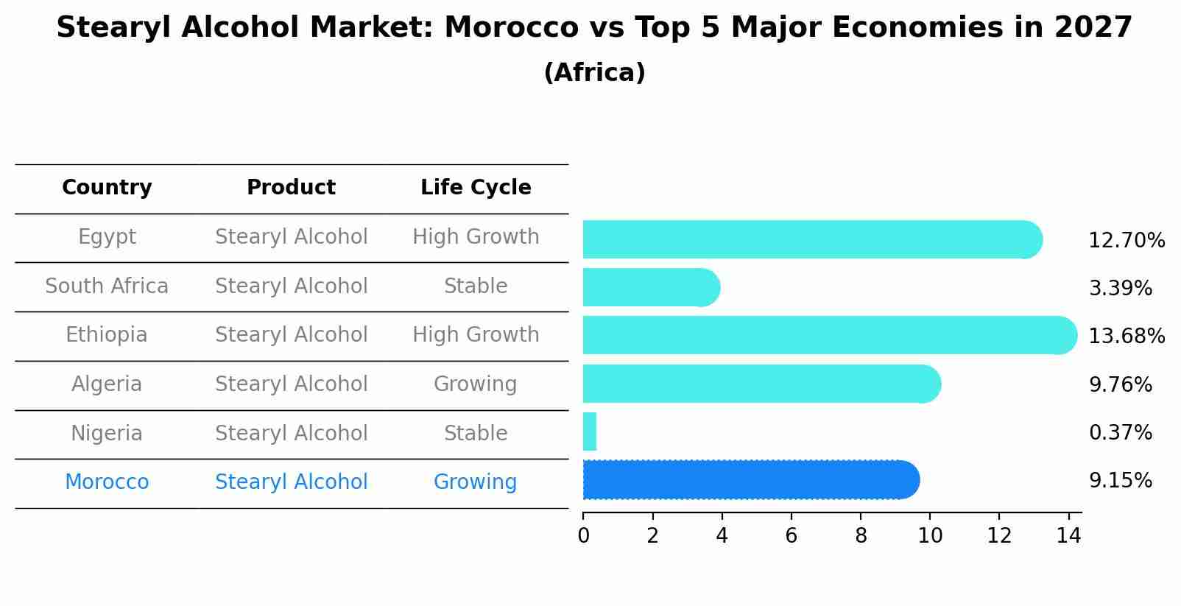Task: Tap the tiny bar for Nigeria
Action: (x=590, y=431)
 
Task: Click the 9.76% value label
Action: (x=1120, y=384)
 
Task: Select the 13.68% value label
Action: (x=1127, y=336)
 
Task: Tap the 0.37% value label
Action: (x=1120, y=432)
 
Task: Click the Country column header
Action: (x=107, y=188)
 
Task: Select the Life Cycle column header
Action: (x=476, y=188)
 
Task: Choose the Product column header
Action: (x=291, y=188)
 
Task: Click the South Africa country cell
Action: (x=107, y=286)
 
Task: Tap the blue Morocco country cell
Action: (x=107, y=482)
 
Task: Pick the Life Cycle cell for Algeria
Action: (x=475, y=384)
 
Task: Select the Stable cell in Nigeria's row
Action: (x=475, y=433)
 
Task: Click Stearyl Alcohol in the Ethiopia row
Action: (x=291, y=335)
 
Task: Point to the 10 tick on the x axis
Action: (x=930, y=535)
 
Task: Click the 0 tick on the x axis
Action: (x=583, y=535)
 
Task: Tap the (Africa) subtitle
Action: (x=594, y=73)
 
